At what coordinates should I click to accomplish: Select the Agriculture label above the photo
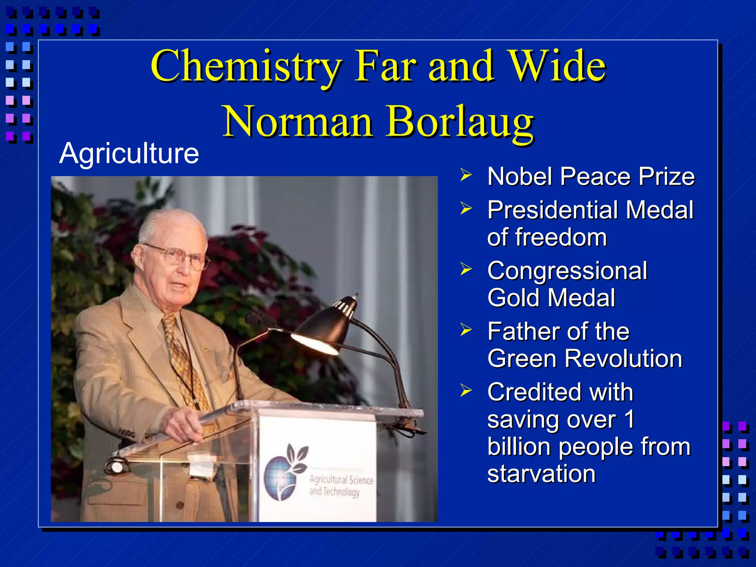[129, 153]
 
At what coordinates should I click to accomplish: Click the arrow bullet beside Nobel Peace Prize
[466, 175]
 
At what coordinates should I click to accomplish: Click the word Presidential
[553, 210]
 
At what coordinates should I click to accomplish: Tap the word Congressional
[567, 271]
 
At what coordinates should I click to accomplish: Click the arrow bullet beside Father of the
[466, 330]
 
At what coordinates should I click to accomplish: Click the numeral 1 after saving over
[629, 419]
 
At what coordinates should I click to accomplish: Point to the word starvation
[541, 474]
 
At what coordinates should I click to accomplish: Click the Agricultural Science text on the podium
[341, 480]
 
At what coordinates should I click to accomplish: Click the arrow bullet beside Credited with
[466, 390]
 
